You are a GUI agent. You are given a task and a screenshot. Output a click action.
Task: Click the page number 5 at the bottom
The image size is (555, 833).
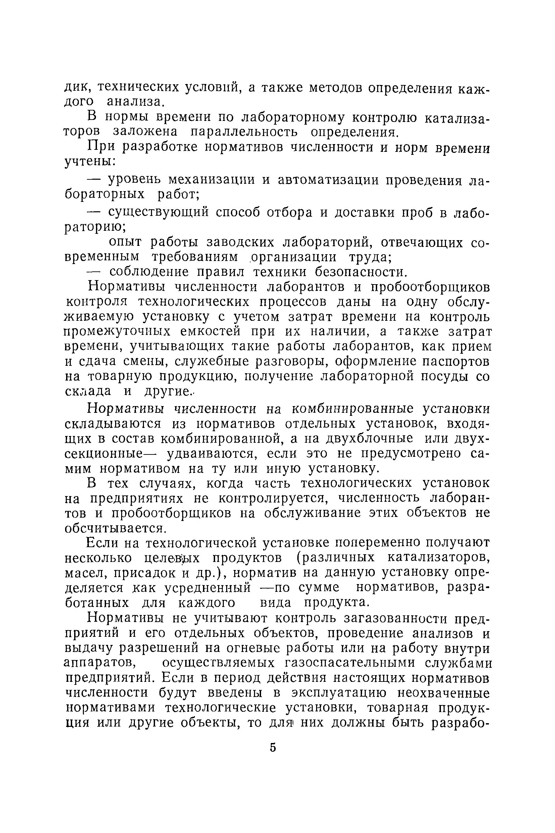click(x=272, y=748)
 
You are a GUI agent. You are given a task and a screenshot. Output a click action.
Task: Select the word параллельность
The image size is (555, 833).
click(x=244, y=132)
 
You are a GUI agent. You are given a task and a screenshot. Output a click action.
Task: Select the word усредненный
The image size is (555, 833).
click(x=207, y=587)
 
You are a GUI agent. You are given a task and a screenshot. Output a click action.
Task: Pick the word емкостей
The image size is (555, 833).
click(x=210, y=332)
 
